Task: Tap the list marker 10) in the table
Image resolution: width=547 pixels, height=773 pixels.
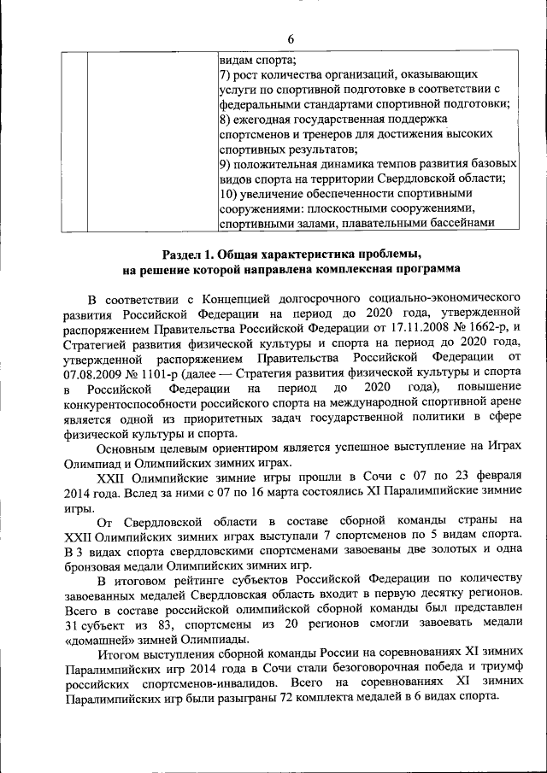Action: [228, 193]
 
